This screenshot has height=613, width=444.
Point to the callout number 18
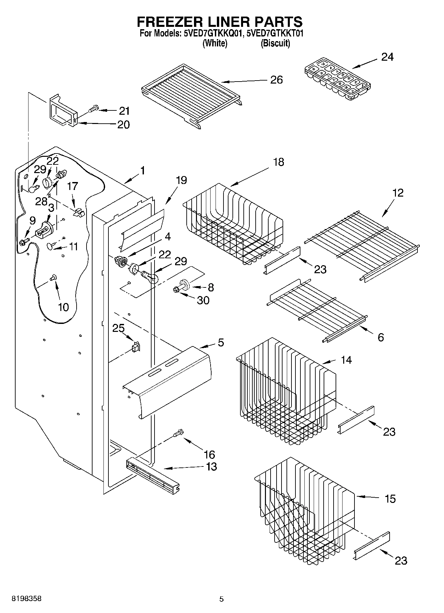[x=279, y=162]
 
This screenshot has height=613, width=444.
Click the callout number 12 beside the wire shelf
[x=398, y=193]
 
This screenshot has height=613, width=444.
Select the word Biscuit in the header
[x=275, y=43]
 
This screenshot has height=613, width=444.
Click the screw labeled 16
[x=178, y=433]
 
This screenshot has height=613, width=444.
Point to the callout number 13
[x=211, y=466]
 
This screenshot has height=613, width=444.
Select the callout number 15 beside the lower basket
[x=390, y=499]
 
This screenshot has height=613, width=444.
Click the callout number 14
[x=346, y=360]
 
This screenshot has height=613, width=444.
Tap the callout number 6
[x=381, y=337]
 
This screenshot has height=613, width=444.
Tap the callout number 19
[x=181, y=180]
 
